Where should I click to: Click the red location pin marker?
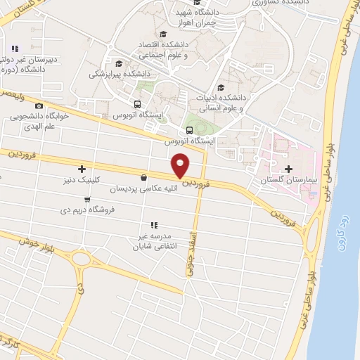click(x=181, y=166)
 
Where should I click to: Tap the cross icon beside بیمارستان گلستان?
click(x=289, y=169)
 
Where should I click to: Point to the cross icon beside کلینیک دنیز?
click(x=82, y=169)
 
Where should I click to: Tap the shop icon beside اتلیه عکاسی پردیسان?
click(x=144, y=177)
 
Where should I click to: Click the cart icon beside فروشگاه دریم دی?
click(x=86, y=200)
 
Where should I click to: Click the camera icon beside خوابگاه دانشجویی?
click(x=39, y=106)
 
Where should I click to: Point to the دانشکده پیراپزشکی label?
click(x=120, y=73)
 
